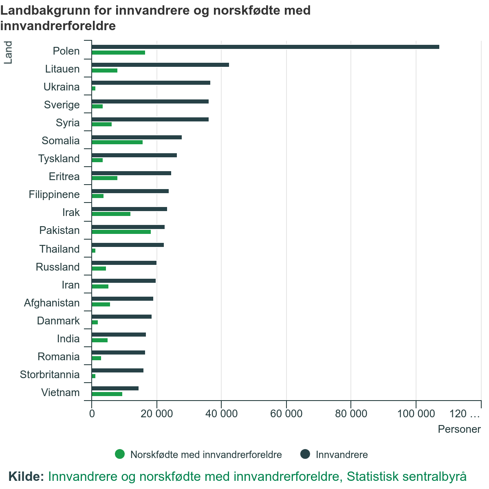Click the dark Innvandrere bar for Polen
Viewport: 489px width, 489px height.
[x=265, y=47]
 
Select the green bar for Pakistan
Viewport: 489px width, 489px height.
[x=121, y=232]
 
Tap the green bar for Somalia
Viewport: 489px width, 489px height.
[x=117, y=142]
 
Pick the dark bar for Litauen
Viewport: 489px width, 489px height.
[x=160, y=65]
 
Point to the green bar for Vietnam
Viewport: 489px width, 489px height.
[x=107, y=394]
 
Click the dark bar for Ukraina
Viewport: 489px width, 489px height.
[x=151, y=83]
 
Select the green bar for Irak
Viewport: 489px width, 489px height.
[x=111, y=214]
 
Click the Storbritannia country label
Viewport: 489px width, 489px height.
[x=50, y=374]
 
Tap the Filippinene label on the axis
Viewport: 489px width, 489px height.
[x=54, y=194]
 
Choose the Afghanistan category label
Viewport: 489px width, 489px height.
[x=52, y=303]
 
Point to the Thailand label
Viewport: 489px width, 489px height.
[x=59, y=249]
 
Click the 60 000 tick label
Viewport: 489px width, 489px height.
[x=286, y=414]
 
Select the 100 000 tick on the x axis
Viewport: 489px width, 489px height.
[x=416, y=414]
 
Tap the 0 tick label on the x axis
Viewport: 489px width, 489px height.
[x=92, y=414]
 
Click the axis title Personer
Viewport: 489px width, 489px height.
[x=459, y=429]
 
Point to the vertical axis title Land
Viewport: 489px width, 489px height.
[x=8, y=53]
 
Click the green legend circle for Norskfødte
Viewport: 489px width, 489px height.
[x=120, y=454]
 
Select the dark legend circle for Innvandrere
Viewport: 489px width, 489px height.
[x=305, y=454]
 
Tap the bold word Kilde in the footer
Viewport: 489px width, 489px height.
[x=26, y=476]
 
